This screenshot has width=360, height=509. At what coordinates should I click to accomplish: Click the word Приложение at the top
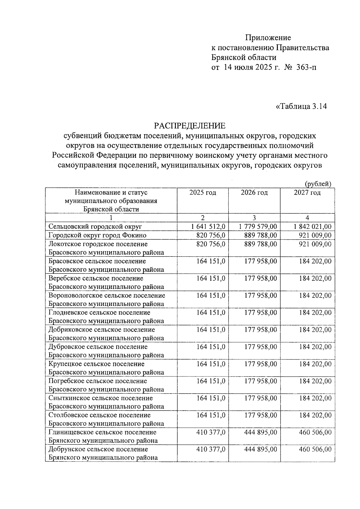pyautogui.click(x=268, y=38)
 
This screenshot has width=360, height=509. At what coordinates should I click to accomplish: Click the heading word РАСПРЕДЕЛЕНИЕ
pyautogui.click(x=190, y=125)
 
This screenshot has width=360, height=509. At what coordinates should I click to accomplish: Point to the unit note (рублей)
pyautogui.click(x=318, y=184)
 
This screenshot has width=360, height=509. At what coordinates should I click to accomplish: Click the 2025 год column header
pyautogui.click(x=202, y=193)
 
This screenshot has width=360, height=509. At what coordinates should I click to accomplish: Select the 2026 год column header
pyautogui.click(x=254, y=193)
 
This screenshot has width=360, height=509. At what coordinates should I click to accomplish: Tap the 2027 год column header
pyautogui.click(x=307, y=193)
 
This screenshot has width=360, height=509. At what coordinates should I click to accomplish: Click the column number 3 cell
pyautogui.click(x=254, y=218)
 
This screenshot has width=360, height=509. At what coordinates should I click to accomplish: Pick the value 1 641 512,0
pyautogui.click(x=208, y=227)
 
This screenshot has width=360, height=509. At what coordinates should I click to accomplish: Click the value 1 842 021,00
pyautogui.click(x=313, y=227)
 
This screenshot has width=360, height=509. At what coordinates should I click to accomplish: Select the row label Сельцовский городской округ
pyautogui.click(x=95, y=227)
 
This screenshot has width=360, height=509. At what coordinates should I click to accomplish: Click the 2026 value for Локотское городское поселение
pyautogui.click(x=260, y=244)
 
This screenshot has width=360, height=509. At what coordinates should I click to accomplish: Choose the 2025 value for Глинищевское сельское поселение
pyautogui.click(x=211, y=433)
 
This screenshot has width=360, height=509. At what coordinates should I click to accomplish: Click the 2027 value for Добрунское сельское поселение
pyautogui.click(x=315, y=450)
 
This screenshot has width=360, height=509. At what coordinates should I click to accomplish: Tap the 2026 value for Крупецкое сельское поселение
pyautogui.click(x=260, y=364)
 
